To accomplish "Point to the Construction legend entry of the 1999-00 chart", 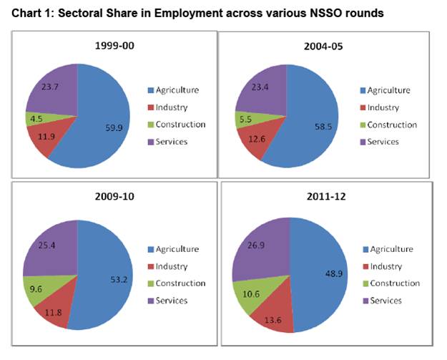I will [176, 125].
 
